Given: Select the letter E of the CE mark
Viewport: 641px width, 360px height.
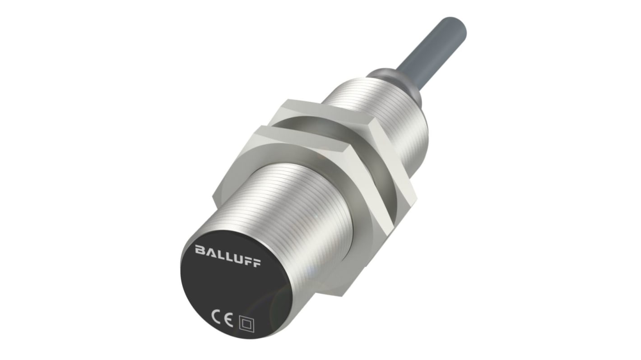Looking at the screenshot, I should click(x=229, y=322).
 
